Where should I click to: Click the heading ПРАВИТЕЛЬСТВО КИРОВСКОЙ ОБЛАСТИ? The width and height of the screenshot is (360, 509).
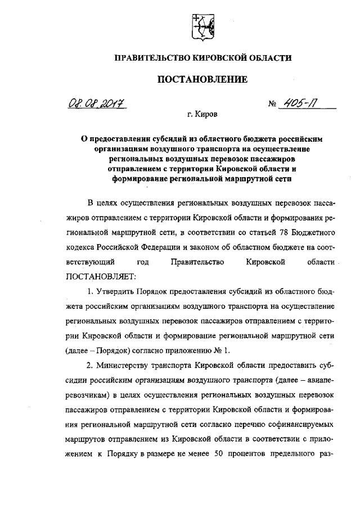point(202,58)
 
